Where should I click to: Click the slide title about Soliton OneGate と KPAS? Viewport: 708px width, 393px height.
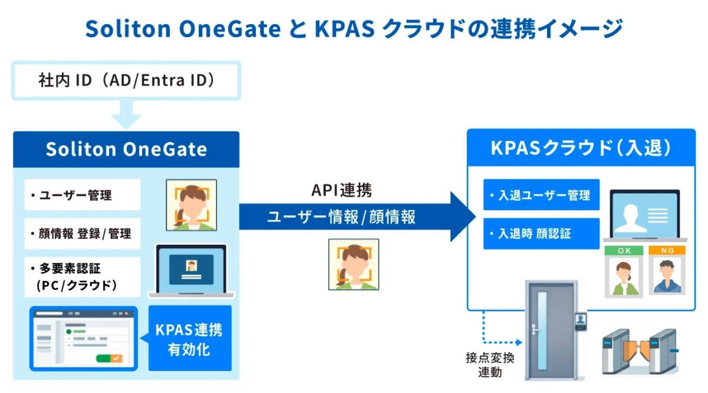pos(354,28)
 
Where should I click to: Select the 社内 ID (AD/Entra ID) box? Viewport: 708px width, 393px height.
pos(126,80)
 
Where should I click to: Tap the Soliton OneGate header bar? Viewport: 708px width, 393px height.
pos(126,149)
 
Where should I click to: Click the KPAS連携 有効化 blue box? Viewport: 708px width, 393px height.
pos(189,338)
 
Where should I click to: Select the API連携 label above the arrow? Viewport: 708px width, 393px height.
pos(342,190)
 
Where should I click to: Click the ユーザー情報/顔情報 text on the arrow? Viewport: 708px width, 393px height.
pos(342,217)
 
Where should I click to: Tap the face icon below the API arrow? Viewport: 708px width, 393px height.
pos(353,264)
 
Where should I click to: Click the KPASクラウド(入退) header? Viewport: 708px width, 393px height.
pos(581,148)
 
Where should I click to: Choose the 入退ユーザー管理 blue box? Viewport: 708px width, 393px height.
pos(541,195)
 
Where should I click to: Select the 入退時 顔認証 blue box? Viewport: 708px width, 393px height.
pos(541,234)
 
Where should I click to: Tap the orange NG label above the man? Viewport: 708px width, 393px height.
pos(667,250)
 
